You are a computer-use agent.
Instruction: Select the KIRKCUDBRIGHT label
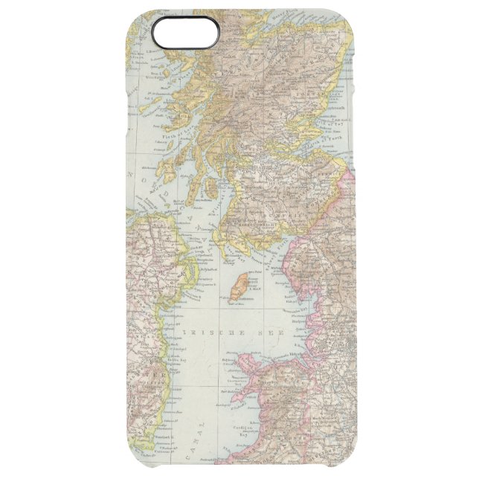point(254,222)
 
